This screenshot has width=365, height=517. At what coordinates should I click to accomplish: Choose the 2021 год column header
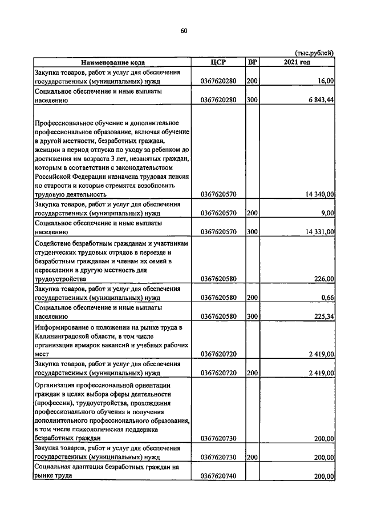pos(297,62)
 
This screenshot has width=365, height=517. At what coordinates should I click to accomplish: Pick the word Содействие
pos(52,243)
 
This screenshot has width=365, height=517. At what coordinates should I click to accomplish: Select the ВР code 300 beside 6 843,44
pos(252,101)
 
